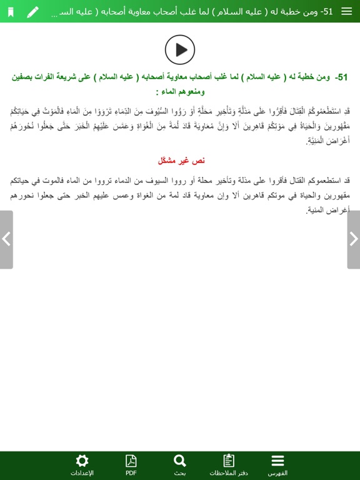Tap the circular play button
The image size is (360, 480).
click(180, 49)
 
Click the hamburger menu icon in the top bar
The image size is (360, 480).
click(346, 11)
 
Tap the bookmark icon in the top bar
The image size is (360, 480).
click(11, 11)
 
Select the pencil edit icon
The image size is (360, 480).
click(32, 11)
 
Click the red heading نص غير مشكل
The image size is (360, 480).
click(180, 161)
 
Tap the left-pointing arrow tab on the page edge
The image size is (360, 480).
click(6, 239)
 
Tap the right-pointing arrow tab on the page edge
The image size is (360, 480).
click(353, 239)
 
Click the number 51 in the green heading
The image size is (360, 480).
click(341, 77)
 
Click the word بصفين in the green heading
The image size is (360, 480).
click(24, 77)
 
